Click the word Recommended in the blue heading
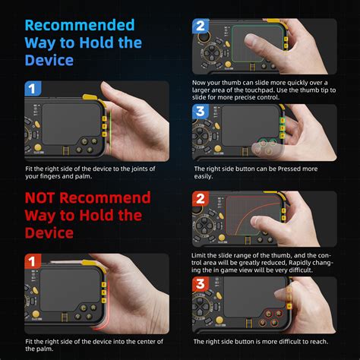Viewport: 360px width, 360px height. [79, 26]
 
